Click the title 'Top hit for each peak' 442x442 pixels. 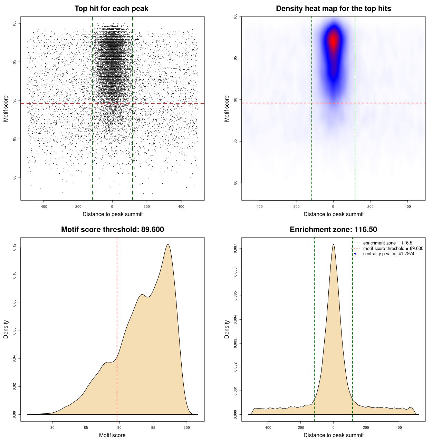(x=112, y=9)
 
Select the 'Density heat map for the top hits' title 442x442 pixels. (x=333, y=9)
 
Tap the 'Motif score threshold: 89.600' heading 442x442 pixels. (x=112, y=230)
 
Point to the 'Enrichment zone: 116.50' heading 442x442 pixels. (x=333, y=230)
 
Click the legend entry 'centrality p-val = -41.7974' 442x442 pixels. (x=388, y=254)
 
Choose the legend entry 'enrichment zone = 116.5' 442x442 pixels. (x=387, y=243)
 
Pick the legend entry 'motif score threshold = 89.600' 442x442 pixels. (x=393, y=249)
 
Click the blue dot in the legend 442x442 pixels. (x=355, y=254)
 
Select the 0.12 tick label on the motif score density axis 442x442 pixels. (x=14, y=247)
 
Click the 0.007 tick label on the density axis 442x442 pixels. (x=235, y=249)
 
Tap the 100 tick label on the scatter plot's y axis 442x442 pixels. (x=14, y=23)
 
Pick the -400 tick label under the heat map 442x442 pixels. (x=259, y=207)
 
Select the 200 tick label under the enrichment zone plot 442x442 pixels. (x=366, y=427)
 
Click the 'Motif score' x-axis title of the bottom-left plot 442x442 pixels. (x=112, y=435)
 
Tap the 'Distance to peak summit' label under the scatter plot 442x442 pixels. (x=113, y=214)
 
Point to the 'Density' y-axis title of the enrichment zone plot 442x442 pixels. (x=227, y=329)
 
